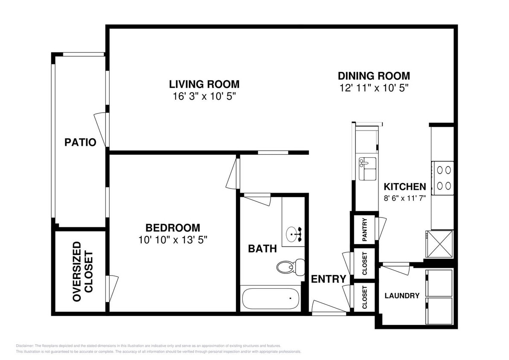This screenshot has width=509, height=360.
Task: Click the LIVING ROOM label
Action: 204,84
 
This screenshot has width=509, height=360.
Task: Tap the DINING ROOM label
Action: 374,76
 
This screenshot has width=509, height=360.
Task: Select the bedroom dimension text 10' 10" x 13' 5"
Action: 173,240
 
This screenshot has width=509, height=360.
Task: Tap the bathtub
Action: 270,299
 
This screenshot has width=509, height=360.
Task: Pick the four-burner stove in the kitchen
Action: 442,178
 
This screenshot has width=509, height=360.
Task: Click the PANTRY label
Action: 365,230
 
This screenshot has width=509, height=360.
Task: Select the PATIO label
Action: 80,142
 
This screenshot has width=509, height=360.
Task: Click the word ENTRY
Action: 328,279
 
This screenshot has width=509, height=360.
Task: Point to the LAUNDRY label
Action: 402,296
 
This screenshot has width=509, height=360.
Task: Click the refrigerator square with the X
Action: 439,244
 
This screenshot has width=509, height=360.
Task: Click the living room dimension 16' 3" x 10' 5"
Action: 204,96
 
